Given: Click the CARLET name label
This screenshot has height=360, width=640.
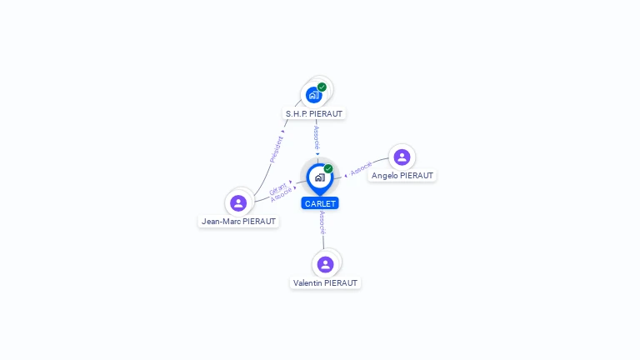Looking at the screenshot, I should tap(320, 203).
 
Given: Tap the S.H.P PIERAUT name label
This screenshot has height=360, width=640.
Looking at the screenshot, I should tap(314, 113).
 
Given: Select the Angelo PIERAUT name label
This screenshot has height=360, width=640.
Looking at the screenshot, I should tap(402, 176).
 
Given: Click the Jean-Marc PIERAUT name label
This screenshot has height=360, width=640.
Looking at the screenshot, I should tap(239, 222).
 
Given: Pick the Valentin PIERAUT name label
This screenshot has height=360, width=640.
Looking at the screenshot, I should tap(326, 283).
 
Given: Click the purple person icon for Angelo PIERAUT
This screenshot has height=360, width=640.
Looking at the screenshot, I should tap(402, 157).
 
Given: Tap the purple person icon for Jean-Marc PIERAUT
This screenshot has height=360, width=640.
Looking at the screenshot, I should tap(238, 202).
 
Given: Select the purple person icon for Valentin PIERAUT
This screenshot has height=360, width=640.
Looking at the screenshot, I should tap(325, 264).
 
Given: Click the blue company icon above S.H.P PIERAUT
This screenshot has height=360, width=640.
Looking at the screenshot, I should tap(313, 94).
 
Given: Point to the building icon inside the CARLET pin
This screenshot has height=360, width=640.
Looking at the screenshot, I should tap(319, 177).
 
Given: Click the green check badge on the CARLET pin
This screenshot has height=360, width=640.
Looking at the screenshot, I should tap(328, 168).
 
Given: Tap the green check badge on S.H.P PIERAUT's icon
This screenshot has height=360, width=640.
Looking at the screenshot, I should tap(322, 87).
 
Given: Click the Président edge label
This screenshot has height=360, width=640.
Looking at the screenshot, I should tap(276, 148).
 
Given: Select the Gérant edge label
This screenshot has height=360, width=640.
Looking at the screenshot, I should tap(277, 188).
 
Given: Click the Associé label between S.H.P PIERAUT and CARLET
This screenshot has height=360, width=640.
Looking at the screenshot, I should tap(317, 137).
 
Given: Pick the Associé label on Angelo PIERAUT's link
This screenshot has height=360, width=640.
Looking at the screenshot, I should tap(361, 169).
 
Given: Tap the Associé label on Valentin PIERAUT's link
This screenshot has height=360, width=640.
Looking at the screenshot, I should tap(322, 222).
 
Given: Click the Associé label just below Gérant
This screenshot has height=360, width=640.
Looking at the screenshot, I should tap(282, 194).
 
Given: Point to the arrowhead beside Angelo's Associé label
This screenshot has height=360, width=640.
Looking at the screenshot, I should tap(346, 175).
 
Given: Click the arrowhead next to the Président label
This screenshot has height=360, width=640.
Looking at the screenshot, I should tap(283, 131).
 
